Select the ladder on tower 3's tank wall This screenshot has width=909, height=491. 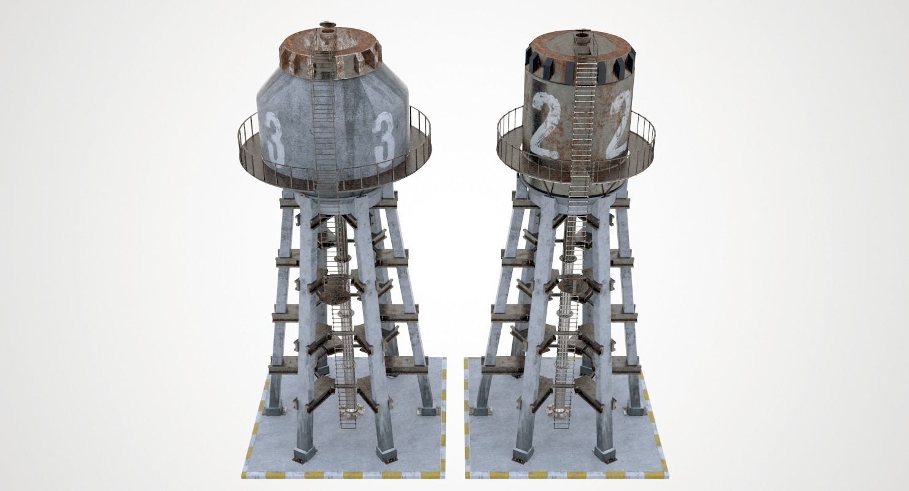(x=324, y=123)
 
